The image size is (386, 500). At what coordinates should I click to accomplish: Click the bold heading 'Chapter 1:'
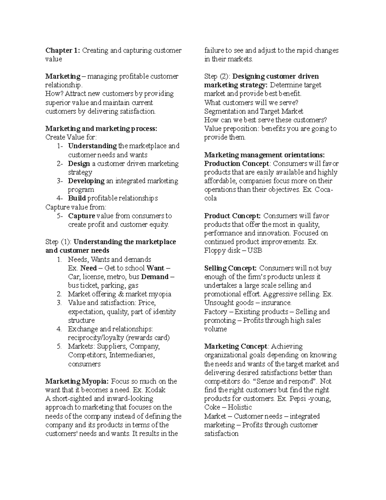click(63, 51)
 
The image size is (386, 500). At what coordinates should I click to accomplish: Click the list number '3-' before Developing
click(60, 181)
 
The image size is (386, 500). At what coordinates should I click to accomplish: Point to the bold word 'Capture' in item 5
click(81, 216)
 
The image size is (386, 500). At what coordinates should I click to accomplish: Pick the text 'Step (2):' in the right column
click(217, 77)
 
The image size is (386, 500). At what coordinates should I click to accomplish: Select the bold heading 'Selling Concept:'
click(230, 268)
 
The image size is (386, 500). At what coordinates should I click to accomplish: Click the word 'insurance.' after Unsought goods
click(276, 303)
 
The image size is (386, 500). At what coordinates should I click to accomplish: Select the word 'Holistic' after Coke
click(240, 407)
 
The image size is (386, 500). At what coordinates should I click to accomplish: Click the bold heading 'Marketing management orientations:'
click(264, 155)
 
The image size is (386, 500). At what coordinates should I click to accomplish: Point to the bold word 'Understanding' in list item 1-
click(92, 146)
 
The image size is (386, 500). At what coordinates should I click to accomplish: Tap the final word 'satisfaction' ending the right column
click(221, 434)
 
